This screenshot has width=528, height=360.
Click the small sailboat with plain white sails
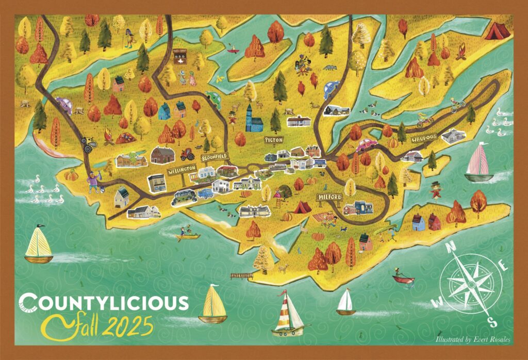[346, 302]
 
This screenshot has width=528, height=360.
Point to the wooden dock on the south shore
[241, 275]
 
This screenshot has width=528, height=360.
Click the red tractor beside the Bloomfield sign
[187, 153]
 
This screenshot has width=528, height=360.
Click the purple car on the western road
[64, 105]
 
